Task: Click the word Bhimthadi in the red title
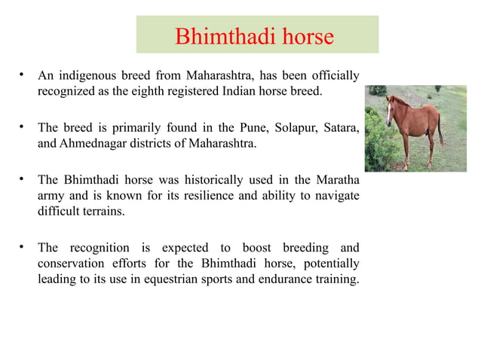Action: tap(220, 36)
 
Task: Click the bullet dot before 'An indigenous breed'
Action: tap(23, 75)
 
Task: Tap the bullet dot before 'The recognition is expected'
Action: tap(23, 248)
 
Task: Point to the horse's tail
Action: tap(440, 130)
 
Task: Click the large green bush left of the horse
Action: tap(375, 147)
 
